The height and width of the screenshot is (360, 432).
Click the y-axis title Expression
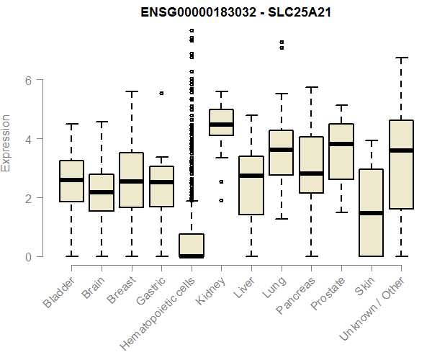pos(6,143)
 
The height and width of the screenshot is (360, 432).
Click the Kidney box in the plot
pos(221,122)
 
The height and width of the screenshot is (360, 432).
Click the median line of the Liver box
pos(251,176)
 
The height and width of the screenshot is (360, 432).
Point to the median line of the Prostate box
pos(341,144)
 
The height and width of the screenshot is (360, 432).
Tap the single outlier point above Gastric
pos(161,93)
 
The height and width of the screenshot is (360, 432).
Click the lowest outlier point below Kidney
pos(221,200)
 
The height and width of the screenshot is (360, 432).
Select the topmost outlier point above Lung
pos(282,42)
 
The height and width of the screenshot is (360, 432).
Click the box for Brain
pos(102,192)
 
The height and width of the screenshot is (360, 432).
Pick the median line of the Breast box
pos(131,181)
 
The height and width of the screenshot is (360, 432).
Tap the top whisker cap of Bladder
pos(71,124)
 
